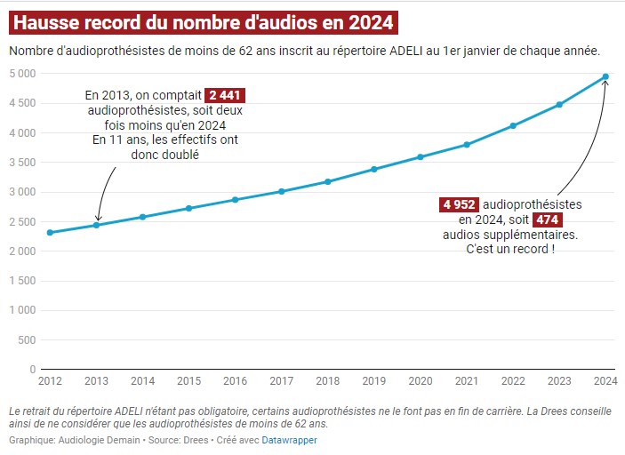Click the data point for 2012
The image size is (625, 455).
[50, 233]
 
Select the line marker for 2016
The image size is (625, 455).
[235, 200]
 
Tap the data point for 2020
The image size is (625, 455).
[420, 157]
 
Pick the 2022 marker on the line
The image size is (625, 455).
[513, 126]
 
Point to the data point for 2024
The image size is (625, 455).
[605, 76]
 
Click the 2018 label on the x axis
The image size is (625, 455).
[327, 381]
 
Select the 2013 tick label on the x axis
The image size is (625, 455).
[96, 381]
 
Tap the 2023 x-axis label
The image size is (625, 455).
[559, 381]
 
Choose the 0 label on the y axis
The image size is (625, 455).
[32, 369]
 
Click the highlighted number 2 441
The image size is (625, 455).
[225, 95]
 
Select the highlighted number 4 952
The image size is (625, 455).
[460, 204]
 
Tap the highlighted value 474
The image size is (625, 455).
[548, 220]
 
